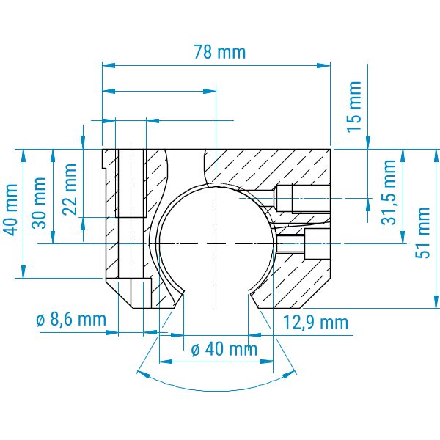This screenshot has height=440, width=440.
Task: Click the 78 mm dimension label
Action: [220, 52]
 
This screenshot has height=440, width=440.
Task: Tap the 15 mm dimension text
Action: [354, 106]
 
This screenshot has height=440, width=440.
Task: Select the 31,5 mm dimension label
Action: [389, 192]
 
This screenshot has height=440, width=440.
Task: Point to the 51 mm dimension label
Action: [422, 232]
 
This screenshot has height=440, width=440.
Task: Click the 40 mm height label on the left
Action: [12, 210]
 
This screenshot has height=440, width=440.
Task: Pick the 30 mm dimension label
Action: [39, 203]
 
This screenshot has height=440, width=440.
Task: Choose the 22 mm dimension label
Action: [69, 189]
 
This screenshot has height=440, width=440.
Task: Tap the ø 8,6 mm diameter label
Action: [71, 320]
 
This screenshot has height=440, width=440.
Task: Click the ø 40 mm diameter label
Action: [224, 349]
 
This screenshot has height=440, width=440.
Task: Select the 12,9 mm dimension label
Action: [315, 323]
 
